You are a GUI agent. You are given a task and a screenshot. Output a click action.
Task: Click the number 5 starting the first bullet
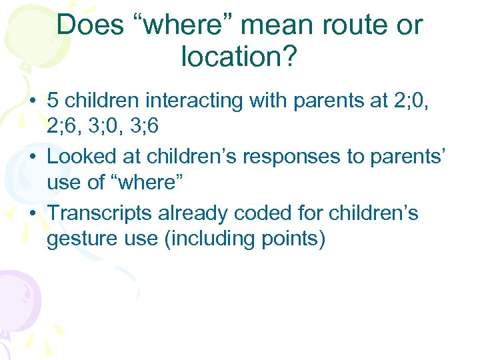point(53,101)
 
